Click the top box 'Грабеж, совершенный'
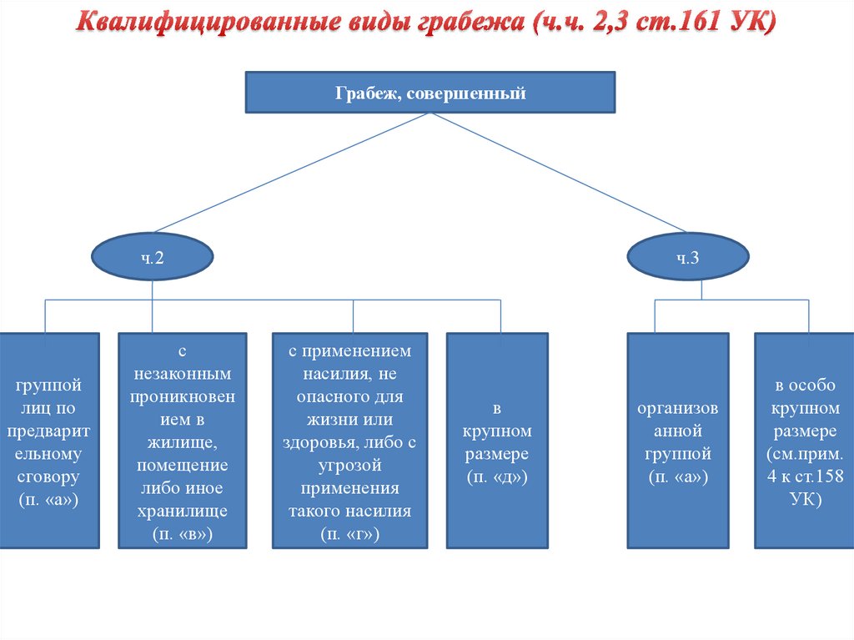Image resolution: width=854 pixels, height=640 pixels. [430, 93]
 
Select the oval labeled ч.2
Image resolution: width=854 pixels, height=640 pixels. [151, 258]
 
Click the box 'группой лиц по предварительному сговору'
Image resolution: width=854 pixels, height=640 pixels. [49, 441]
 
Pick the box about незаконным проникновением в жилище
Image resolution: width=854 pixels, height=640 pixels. [183, 441]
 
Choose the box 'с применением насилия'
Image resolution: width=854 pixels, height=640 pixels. [350, 441]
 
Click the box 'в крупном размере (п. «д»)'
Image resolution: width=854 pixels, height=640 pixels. [497, 441]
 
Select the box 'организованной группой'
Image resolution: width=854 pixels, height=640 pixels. [676, 441]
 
